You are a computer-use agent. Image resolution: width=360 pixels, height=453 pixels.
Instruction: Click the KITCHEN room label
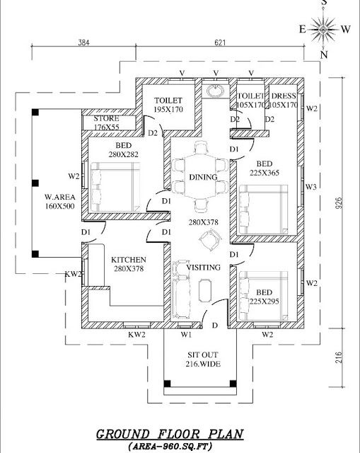click(129, 260)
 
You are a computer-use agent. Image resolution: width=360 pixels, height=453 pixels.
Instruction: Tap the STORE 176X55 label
click(107, 122)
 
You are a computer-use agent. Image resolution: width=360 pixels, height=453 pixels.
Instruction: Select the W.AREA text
click(59, 197)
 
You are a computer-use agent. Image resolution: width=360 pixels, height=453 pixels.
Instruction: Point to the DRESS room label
click(284, 96)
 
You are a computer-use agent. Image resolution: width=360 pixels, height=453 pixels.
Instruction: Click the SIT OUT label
click(203, 355)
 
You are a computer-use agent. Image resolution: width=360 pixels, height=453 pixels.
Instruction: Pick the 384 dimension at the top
click(83, 42)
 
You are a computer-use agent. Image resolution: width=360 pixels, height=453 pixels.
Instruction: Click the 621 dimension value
click(220, 42)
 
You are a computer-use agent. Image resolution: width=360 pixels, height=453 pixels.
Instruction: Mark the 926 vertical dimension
click(339, 203)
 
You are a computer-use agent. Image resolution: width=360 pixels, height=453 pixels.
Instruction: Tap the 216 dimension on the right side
click(339, 357)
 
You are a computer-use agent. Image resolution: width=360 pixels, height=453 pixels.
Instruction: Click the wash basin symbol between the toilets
click(215, 91)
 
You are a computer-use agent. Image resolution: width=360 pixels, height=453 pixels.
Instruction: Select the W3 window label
click(311, 187)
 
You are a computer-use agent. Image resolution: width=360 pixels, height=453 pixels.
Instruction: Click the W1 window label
click(186, 335)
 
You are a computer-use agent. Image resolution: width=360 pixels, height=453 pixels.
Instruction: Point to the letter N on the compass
click(324, 55)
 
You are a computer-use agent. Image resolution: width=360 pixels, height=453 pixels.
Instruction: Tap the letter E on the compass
click(302, 29)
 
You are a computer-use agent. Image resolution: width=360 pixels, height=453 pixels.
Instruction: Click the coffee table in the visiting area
click(204, 290)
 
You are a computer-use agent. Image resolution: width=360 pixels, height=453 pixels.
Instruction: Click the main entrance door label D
click(215, 326)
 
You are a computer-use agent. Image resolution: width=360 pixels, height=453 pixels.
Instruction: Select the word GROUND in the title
click(123, 434)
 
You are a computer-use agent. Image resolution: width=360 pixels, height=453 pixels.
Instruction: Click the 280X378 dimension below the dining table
click(204, 222)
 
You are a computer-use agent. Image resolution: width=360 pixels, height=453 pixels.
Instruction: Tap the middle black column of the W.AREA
click(35, 183)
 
